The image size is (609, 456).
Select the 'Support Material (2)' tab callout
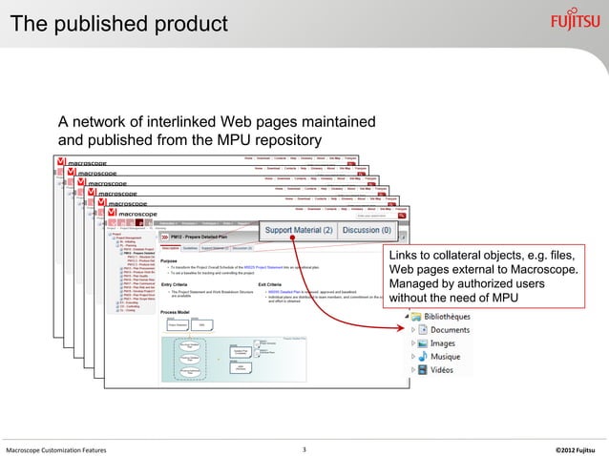pyautogui.click(x=299, y=230)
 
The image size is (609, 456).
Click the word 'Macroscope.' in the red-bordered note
pyautogui.click(x=542, y=273)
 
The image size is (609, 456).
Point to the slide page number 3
pyautogui.click(x=303, y=448)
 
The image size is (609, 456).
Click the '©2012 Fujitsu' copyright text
pyautogui.click(x=574, y=448)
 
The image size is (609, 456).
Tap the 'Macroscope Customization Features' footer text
pyautogui.click(x=56, y=448)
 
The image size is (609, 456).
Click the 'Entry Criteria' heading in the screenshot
pyautogui.click(x=173, y=283)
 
